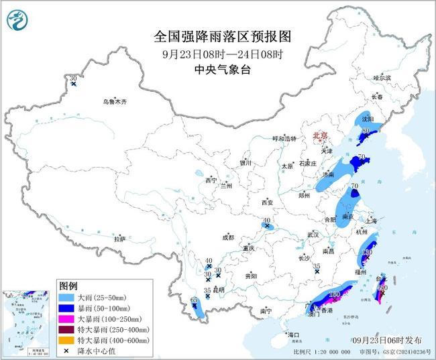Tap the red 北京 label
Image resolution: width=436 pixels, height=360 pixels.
[x=319, y=136]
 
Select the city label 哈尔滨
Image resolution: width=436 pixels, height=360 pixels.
[x=382, y=78]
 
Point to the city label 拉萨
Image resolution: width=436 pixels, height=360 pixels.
[x=119, y=239]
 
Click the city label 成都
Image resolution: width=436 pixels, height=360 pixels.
[x=228, y=237]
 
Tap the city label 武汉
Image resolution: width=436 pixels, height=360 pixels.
[x=312, y=234]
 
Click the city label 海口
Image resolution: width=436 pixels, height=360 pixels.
[x=293, y=334]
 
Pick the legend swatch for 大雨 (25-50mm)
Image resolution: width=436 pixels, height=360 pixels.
[x=66, y=296]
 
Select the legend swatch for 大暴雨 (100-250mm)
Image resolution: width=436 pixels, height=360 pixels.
[x=66, y=318]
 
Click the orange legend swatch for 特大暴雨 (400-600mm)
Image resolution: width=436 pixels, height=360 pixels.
[x=66, y=341]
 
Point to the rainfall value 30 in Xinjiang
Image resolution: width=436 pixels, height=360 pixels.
[x=73, y=79]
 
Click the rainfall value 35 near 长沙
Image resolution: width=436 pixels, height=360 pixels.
[x=316, y=266]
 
